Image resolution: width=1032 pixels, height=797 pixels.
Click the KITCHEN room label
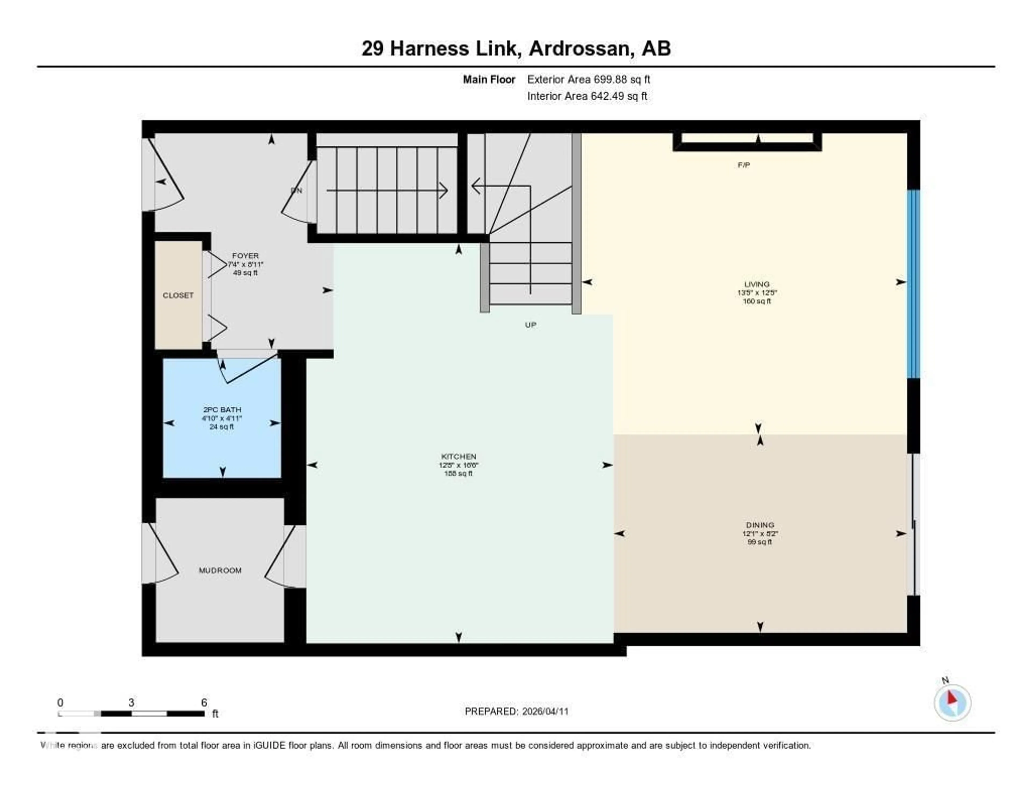[458, 456]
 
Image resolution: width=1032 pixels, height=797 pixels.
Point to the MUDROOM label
[220, 570]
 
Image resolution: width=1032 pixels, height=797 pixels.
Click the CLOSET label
[178, 295]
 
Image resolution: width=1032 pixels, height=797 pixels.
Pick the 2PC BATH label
[222, 410]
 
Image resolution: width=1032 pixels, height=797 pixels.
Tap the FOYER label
[245, 256]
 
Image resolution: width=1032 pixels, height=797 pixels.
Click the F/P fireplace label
[744, 165]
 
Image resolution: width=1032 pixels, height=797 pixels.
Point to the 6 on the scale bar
[204, 702]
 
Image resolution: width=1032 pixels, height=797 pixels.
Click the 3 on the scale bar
[131, 702]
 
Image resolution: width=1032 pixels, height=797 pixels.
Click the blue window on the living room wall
[913, 283]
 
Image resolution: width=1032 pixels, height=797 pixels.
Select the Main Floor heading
[489, 79]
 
